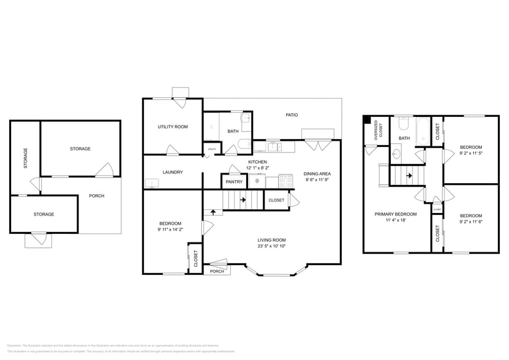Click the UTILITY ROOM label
tap(173, 127)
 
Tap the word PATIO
tap(292, 114)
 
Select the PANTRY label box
tap(234, 181)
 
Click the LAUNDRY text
tap(173, 172)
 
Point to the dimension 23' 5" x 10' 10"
tap(271, 246)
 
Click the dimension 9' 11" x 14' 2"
tap(170, 230)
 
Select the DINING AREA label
tap(317, 174)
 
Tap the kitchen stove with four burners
tap(286, 181)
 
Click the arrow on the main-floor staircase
tap(243, 200)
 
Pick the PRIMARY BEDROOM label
tap(396, 214)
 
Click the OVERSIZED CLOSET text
tap(380, 131)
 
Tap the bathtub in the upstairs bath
tap(423, 130)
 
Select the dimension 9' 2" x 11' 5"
tap(471, 154)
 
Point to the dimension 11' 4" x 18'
tap(396, 220)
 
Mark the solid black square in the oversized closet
tap(367, 120)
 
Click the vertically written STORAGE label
tap(25, 158)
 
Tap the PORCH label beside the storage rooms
tap(96, 196)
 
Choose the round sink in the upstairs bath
tap(396, 154)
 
